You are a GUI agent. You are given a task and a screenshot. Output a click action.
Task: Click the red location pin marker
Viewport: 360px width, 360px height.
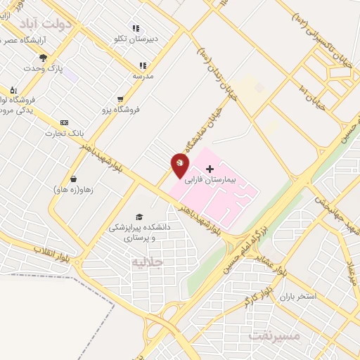[180, 166]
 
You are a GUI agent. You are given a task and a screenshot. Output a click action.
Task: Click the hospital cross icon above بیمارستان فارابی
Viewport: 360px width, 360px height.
[210, 169]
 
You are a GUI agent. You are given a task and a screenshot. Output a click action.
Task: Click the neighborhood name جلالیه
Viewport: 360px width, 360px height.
[147, 262]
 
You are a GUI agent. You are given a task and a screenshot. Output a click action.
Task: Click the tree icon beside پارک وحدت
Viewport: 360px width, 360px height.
[44, 58]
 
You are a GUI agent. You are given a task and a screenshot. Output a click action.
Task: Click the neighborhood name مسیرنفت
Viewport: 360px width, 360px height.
[275, 335]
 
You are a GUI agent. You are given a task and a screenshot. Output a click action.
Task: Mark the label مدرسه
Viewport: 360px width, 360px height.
[143, 75]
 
